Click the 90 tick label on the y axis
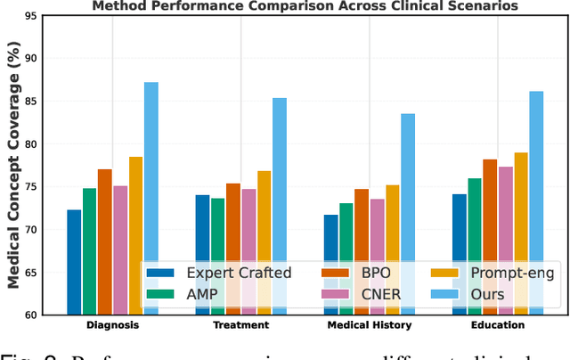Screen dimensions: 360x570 [x=39, y=58]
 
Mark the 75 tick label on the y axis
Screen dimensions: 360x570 [x=39, y=186]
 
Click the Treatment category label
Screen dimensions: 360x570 [x=241, y=325]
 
